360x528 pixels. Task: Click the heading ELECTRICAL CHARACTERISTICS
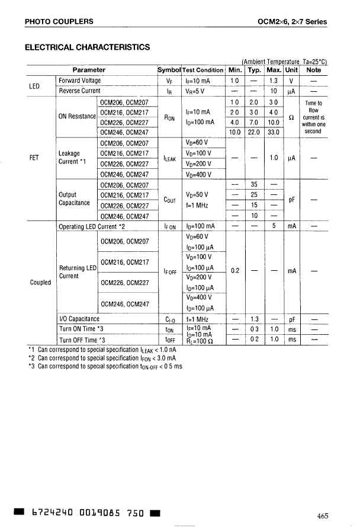tap(87, 47)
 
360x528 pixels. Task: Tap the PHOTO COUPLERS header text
tap(59, 22)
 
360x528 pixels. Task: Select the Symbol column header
tap(169, 70)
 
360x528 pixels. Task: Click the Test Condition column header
tap(202, 70)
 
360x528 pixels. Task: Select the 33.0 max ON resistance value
tap(274, 132)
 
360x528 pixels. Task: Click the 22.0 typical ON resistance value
tap(254, 132)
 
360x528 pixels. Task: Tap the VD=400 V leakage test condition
tap(199, 174)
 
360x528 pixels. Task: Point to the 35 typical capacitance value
tap(254, 184)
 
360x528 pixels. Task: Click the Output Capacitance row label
tap(74, 199)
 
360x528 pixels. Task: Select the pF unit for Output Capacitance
tap(292, 200)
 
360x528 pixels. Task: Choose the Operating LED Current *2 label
tap(92, 226)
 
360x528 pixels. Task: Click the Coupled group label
tap(40, 282)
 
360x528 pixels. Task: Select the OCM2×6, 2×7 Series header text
tap(292, 22)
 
